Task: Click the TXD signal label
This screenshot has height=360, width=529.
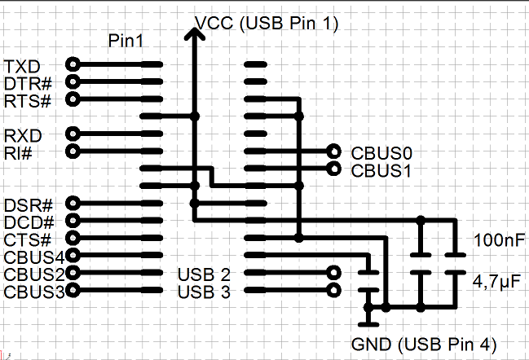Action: coord(23,65)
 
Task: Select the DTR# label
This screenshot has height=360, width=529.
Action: coord(28,83)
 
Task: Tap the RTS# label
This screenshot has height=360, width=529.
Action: coord(28,101)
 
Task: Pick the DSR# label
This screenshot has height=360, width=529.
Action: coord(29,204)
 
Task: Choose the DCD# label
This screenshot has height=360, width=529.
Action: coord(29,222)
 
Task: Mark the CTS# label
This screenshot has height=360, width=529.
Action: coord(28,239)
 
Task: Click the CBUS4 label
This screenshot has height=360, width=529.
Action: coord(33,257)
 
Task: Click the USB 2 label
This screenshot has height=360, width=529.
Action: coord(204,274)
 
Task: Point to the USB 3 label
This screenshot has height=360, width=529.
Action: coord(204,291)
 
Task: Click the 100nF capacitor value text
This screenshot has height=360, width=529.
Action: coord(497,242)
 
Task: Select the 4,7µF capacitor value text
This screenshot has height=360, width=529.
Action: coord(497,281)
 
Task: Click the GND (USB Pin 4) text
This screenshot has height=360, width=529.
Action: coord(424,343)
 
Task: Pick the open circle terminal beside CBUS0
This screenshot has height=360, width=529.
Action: coord(333,151)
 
